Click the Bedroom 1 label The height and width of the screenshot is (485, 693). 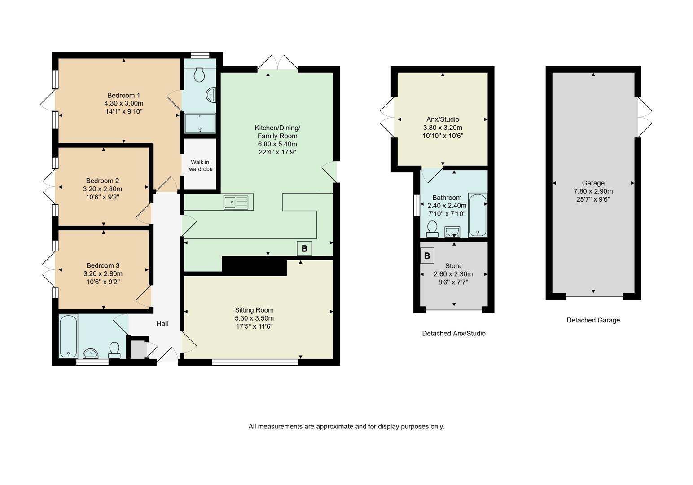coord(123,95)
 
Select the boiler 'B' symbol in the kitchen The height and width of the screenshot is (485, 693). coord(304,248)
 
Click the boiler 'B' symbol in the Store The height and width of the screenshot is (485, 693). coord(427,256)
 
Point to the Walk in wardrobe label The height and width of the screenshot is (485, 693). coord(200,166)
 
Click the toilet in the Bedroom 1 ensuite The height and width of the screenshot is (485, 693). coord(200,75)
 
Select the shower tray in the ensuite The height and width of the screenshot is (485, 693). coord(200,123)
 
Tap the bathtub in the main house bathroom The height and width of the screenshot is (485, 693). coord(68,336)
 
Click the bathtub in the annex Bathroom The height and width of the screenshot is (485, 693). coord(477,215)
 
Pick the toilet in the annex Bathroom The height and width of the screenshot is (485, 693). coord(432,229)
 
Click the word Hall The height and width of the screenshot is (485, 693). coord(162,323)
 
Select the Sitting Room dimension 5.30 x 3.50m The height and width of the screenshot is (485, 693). coord(254,318)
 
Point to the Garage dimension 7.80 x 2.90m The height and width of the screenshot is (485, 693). coord(593,191)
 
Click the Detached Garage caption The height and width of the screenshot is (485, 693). coord(593,320)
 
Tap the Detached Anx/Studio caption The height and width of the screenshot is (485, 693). coord(453,333)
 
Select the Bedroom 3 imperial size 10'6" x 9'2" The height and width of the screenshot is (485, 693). coord(103,282)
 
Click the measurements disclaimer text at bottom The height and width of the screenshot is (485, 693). coord(346,426)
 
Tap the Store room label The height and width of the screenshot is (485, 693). coord(453,266)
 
